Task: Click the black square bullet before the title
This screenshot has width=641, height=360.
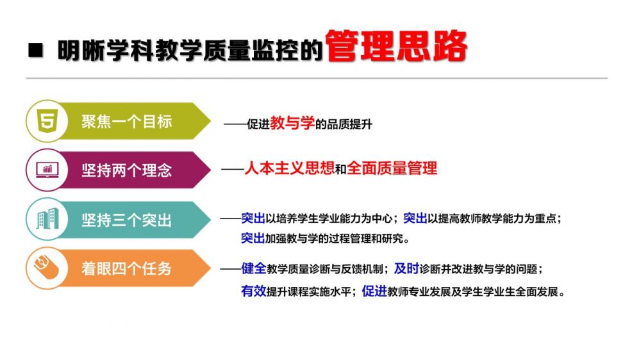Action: [35, 50]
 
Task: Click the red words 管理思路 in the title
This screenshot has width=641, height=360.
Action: [396, 46]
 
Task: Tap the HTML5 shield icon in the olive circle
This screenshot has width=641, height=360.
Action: [47, 120]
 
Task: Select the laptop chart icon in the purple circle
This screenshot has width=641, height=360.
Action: [47, 170]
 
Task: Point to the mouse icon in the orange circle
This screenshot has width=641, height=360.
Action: [47, 267]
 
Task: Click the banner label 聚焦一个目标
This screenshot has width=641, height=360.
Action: [126, 121]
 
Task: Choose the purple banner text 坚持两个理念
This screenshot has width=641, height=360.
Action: [126, 170]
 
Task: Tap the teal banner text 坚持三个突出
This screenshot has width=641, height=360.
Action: [126, 220]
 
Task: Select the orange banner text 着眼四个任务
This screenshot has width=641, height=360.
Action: [126, 268]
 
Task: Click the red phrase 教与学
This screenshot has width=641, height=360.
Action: [292, 122]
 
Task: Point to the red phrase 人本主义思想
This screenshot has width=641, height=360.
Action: [290, 168]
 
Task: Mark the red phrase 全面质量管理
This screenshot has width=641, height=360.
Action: [392, 168]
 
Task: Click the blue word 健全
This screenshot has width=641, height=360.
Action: [254, 268]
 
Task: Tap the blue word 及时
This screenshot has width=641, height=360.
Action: [407, 268]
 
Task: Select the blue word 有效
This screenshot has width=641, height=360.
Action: [253, 291]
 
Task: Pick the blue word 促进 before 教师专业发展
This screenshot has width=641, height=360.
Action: [374, 291]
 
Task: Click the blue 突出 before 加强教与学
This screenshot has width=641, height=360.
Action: [253, 238]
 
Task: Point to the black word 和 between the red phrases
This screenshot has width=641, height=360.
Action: [341, 168]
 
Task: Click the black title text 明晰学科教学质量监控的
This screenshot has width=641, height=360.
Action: [190, 51]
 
